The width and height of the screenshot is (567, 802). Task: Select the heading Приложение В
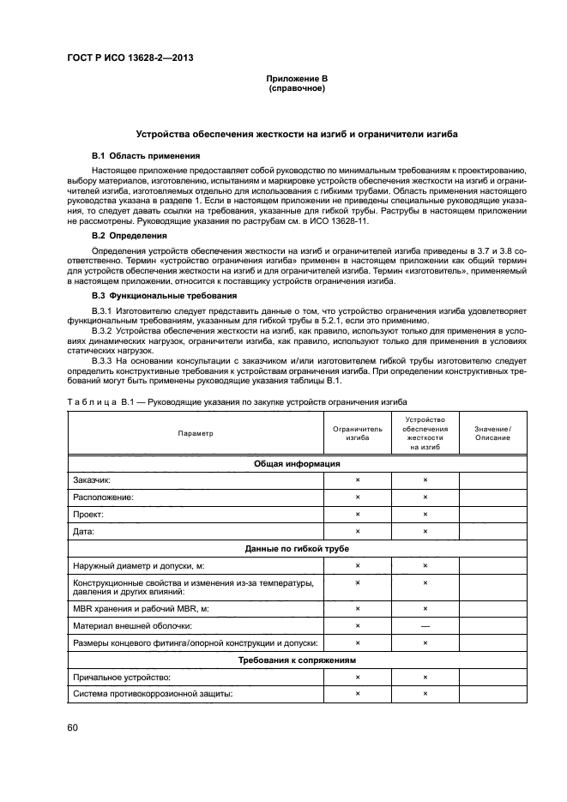296,79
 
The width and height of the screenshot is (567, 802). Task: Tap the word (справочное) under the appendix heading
296,88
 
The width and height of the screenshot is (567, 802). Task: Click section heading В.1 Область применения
146,156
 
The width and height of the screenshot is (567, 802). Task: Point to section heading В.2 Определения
129,234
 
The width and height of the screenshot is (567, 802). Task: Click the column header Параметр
196,433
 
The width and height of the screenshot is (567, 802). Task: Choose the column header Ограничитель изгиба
358,433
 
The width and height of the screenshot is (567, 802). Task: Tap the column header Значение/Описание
492,433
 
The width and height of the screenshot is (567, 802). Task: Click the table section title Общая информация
297,463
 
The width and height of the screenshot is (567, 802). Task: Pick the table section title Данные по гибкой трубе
297,548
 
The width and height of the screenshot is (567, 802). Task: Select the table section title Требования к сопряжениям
297,660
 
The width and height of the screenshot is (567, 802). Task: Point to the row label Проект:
88,514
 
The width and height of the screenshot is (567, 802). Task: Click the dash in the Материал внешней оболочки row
425,625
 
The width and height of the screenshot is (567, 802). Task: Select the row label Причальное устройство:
123,677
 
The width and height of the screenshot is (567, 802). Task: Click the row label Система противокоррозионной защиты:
154,694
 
